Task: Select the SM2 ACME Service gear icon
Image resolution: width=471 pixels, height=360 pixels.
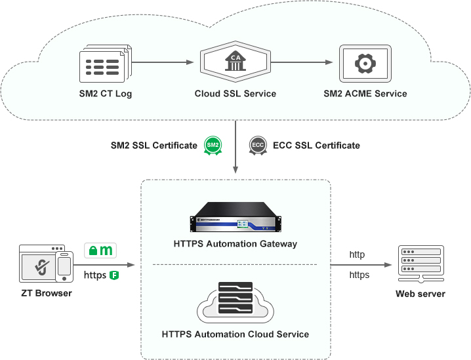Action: click(x=365, y=64)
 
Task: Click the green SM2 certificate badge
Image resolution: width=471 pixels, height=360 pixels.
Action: click(x=212, y=145)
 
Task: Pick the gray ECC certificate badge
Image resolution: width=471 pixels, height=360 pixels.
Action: click(x=257, y=145)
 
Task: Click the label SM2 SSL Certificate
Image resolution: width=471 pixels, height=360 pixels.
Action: click(x=154, y=145)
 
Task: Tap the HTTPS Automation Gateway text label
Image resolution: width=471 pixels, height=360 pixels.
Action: click(x=235, y=244)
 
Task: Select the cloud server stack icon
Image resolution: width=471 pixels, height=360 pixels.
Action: click(x=235, y=302)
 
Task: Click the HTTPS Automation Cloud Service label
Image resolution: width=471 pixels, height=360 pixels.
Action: click(x=235, y=334)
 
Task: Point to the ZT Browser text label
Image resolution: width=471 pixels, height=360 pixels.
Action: click(x=45, y=293)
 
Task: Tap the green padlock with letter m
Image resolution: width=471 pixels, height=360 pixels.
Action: click(x=101, y=250)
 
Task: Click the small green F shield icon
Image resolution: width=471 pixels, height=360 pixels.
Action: click(x=114, y=275)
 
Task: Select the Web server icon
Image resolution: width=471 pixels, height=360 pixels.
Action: click(x=420, y=263)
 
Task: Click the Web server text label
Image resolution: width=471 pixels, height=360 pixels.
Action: click(x=420, y=293)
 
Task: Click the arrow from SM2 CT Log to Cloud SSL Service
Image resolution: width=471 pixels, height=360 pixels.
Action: click(x=164, y=63)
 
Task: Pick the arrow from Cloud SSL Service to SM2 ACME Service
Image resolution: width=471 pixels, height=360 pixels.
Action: click(x=302, y=63)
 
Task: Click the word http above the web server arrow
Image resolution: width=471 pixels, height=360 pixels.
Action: click(x=357, y=254)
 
